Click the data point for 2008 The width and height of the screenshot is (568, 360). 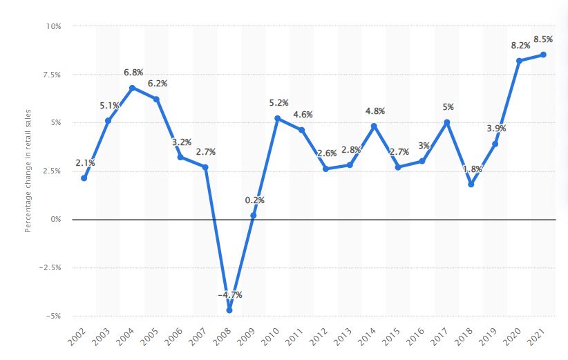pos(229,310)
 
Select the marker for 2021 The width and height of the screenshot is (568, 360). pos(543,55)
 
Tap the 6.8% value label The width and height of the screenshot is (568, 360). pos(133,72)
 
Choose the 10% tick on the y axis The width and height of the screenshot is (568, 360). pos(53,26)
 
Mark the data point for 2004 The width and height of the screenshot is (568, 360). pos(132,88)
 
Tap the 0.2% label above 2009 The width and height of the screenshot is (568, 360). pos(254,200)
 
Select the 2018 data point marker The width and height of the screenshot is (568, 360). pos(471,184)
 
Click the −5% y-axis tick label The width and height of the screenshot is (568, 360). pos(53,316)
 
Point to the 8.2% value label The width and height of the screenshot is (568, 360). pos(520,45)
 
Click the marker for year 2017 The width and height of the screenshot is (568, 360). pos(446,122)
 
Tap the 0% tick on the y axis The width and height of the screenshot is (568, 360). pos(55,219)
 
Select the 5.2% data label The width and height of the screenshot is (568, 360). pos(278,103)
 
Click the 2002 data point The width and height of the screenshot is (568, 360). pos(84,178)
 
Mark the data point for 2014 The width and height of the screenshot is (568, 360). pos(374,126)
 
